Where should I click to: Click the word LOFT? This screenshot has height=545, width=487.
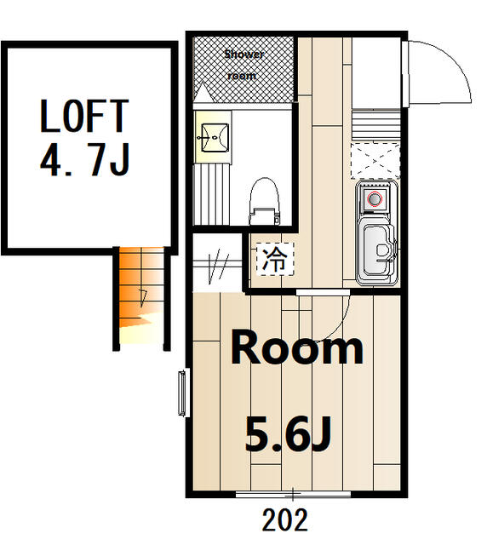click(x=84, y=116)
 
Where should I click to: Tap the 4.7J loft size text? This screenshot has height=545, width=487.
click(x=84, y=159)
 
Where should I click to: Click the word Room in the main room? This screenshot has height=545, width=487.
click(x=296, y=347)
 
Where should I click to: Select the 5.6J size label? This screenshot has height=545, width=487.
click(x=288, y=434)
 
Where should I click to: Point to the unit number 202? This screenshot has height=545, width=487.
click(x=284, y=520)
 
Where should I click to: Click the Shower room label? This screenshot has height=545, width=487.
click(x=243, y=65)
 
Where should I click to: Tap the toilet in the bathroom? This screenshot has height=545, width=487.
click(x=265, y=201)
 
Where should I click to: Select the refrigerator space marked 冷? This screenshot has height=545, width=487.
click(x=275, y=259)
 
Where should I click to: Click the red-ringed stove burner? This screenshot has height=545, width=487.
click(x=375, y=199)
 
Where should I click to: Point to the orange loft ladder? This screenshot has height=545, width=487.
click(x=141, y=295)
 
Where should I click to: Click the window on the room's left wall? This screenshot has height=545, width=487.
click(x=182, y=393)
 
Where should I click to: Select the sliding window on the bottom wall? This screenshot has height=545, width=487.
click(x=293, y=494)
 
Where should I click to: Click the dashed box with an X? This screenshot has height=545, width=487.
click(x=375, y=161)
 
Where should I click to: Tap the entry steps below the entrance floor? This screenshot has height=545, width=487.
click(x=375, y=125)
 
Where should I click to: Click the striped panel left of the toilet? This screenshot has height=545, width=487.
click(x=212, y=194)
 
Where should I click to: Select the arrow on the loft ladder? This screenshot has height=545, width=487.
click(x=143, y=298)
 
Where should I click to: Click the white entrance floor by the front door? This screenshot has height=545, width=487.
click(x=376, y=73)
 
